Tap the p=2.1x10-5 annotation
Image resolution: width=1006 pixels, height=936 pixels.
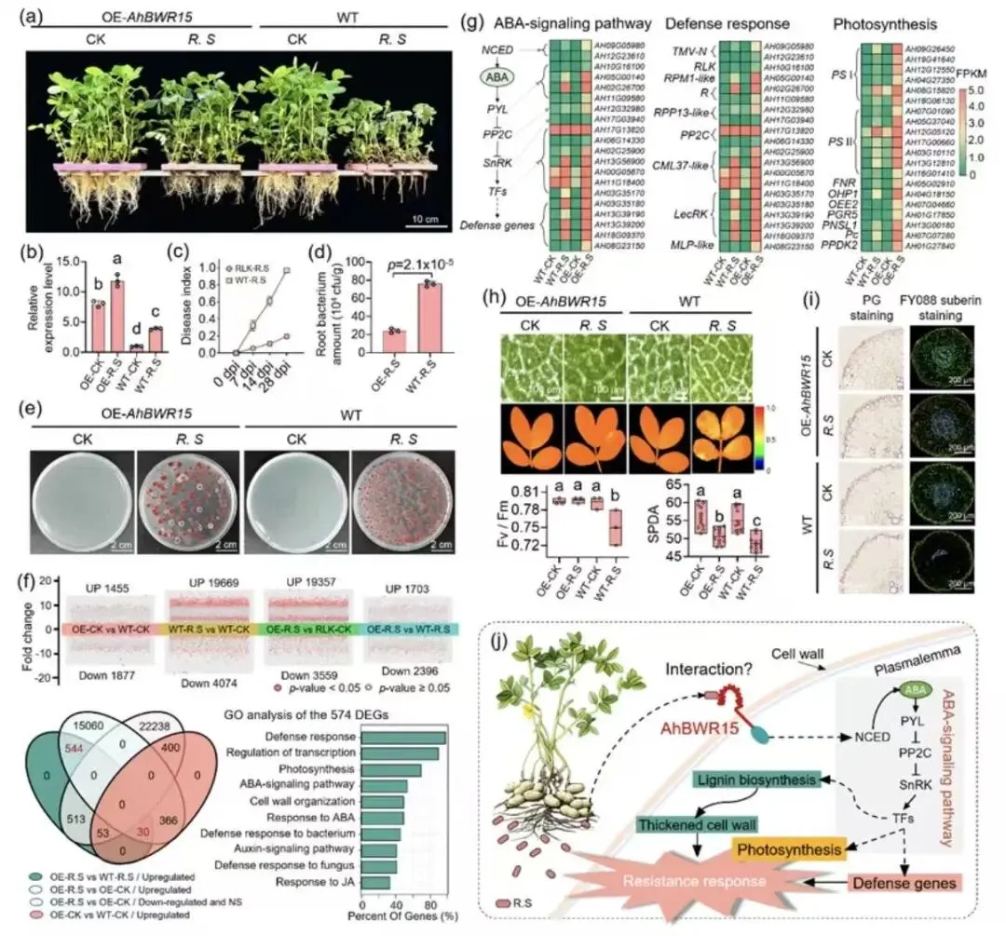click(x=410, y=260)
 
